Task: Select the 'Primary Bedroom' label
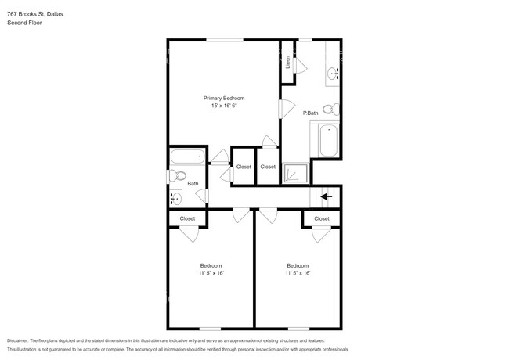[224, 98]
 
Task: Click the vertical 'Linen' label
[288, 62]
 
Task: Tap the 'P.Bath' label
[310, 113]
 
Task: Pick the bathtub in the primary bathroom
[327, 141]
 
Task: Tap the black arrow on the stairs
[327, 196]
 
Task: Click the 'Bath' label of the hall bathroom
[192, 184]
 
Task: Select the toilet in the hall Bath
[177, 176]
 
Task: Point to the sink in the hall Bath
[176, 199]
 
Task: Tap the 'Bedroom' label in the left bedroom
[211, 265]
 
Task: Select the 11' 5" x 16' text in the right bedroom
[298, 273]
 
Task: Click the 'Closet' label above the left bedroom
[188, 218]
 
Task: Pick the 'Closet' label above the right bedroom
[322, 218]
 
